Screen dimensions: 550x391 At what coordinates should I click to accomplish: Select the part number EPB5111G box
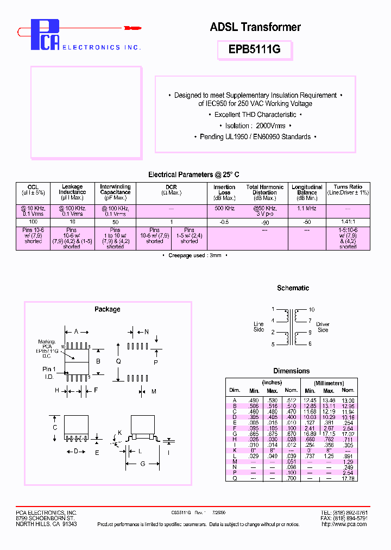(255, 49)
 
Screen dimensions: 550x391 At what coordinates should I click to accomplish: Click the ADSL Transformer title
(255, 27)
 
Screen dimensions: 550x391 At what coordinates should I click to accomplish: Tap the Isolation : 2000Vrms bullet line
(255, 126)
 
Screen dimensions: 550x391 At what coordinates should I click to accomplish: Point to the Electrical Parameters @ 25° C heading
(193, 174)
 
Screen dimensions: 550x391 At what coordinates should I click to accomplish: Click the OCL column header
(33, 190)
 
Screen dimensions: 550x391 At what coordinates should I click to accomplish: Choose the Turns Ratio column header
(348, 190)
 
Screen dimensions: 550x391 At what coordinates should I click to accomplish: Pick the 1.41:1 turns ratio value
(348, 222)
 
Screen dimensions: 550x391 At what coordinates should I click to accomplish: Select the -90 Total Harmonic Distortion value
(264, 222)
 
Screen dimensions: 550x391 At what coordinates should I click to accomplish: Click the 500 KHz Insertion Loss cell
(224, 208)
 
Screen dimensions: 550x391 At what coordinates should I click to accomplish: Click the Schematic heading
(293, 288)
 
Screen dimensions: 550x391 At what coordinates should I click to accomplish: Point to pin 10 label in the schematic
(312, 310)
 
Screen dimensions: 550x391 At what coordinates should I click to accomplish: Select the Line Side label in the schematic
(258, 327)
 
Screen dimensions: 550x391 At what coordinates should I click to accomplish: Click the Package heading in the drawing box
(107, 309)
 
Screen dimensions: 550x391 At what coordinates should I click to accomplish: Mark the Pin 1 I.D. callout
(49, 373)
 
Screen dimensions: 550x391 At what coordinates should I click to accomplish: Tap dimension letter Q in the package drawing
(118, 361)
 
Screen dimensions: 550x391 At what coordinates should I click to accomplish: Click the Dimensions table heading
(291, 371)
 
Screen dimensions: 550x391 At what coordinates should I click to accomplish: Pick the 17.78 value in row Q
(348, 478)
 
